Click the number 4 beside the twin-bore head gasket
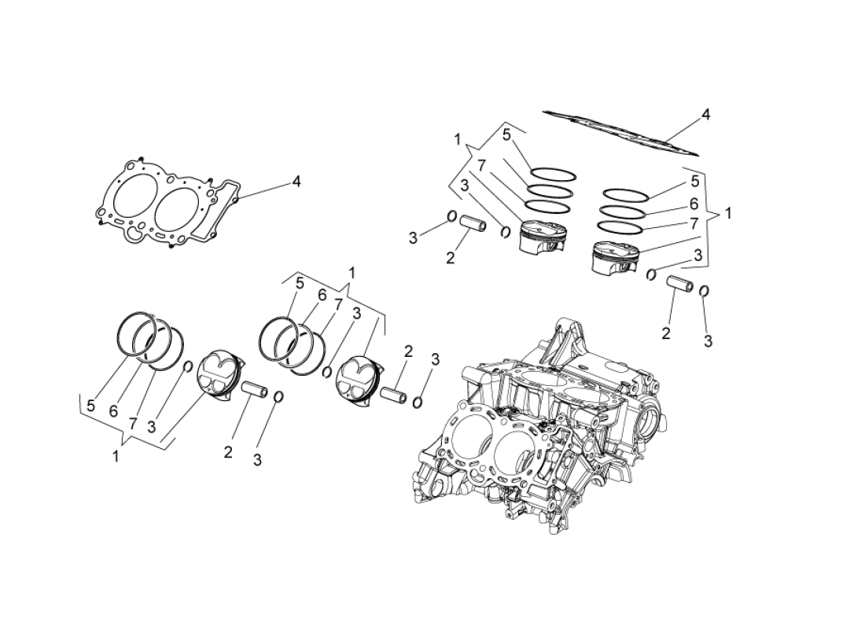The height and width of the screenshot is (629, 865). click(x=296, y=182)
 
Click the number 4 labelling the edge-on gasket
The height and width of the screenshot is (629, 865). click(x=705, y=115)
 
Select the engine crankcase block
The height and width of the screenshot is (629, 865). click(x=543, y=425)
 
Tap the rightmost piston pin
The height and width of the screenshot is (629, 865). click(x=681, y=284)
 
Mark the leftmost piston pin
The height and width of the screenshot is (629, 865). click(x=255, y=389)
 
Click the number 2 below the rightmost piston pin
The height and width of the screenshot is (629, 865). click(x=666, y=333)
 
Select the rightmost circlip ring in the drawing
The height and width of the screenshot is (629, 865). click(x=705, y=292)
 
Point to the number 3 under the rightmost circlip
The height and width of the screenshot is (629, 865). click(x=708, y=341)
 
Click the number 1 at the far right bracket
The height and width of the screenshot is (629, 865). click(x=728, y=213)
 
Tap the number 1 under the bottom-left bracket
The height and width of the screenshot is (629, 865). click(x=116, y=456)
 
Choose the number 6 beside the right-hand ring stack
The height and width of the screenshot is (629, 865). click(x=694, y=203)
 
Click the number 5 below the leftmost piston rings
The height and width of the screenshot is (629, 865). click(x=91, y=406)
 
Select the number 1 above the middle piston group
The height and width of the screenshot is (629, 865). click(x=352, y=272)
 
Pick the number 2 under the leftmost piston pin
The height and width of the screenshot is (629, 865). click(x=228, y=452)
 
